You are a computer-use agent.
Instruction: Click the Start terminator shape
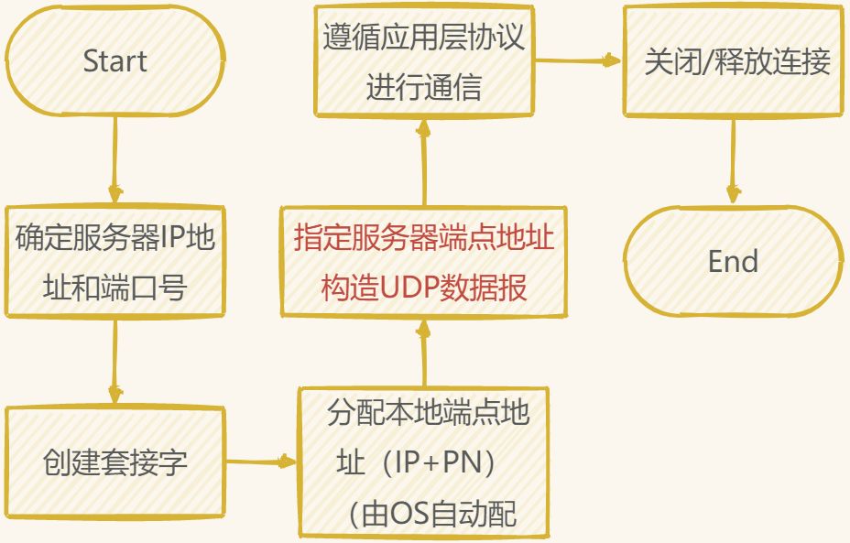click(114, 62)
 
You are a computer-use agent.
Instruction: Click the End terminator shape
click(733, 262)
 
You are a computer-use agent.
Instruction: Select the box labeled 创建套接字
click(114, 462)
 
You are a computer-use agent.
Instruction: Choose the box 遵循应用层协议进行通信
click(424, 62)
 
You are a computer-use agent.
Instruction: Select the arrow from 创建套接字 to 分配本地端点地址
click(263, 462)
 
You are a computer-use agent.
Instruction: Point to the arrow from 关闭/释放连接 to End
click(732, 159)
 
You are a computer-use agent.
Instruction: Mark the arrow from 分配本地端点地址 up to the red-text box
click(424, 352)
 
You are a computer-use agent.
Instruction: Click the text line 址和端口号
click(115, 287)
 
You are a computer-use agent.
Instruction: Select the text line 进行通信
click(424, 88)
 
